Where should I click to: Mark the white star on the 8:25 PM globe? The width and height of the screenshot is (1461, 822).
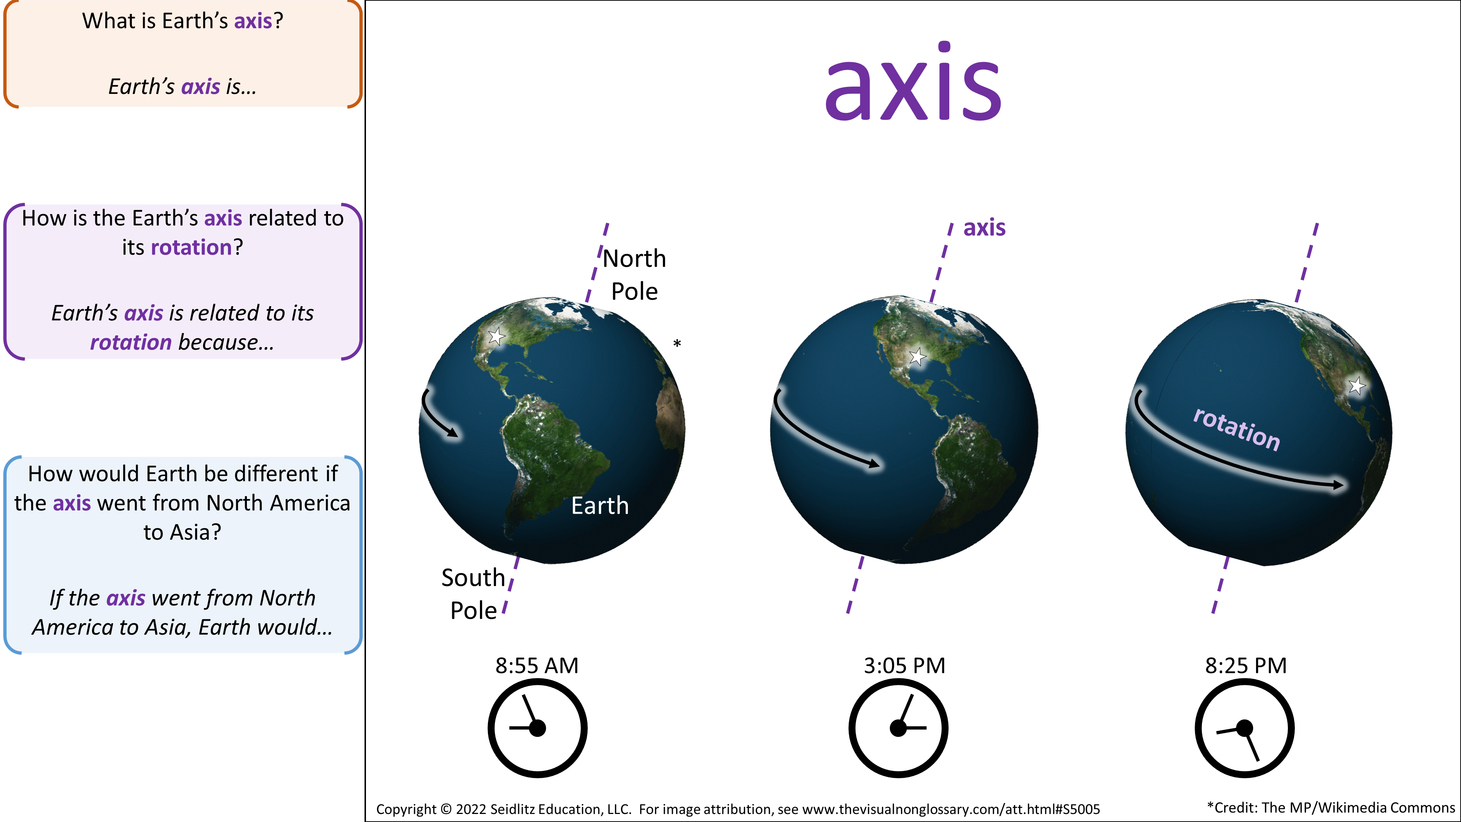point(1357,386)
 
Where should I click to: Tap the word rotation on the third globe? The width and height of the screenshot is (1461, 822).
point(1236,429)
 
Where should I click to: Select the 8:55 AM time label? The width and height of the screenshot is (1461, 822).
point(537,665)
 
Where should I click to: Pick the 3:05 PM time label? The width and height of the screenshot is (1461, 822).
point(905,665)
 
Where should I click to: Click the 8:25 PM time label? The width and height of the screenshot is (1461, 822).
point(1246,665)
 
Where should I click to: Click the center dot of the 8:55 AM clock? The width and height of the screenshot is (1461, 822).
point(537,728)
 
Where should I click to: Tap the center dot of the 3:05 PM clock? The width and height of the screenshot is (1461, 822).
point(899,728)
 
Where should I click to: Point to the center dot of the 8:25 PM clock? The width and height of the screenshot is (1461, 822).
point(1244,728)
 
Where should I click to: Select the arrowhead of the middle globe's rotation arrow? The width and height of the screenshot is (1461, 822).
point(874,464)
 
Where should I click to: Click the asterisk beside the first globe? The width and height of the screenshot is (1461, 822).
point(676,343)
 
